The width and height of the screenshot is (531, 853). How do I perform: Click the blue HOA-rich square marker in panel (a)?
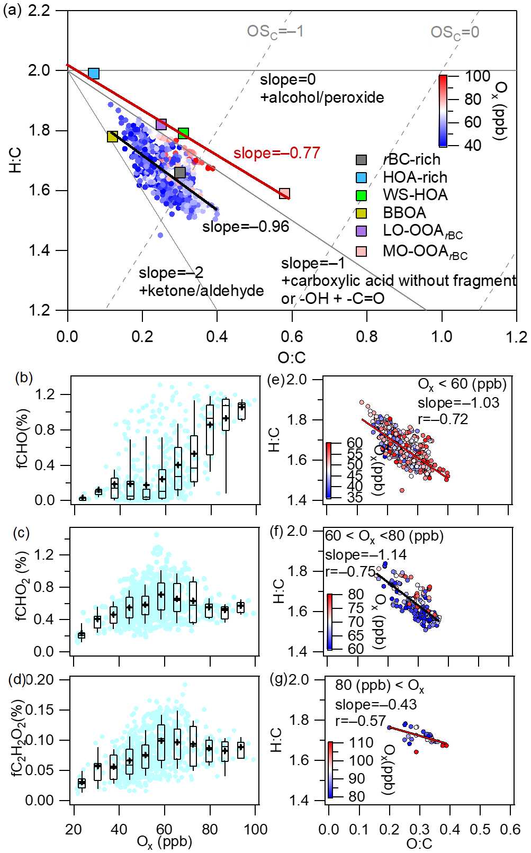tap(94, 74)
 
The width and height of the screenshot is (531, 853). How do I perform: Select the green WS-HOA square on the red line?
tap(183, 133)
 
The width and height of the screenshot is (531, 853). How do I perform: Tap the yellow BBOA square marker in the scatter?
tap(112, 137)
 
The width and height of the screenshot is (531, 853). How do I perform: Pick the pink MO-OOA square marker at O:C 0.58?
tap(284, 193)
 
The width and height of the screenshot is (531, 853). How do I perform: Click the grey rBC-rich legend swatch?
tap(361, 160)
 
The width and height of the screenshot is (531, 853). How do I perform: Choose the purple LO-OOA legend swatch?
tap(361, 231)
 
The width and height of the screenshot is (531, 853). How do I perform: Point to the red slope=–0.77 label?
tap(277, 153)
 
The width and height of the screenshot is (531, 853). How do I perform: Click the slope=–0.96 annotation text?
tap(246, 227)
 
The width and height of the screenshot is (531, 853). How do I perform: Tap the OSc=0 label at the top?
tap(455, 32)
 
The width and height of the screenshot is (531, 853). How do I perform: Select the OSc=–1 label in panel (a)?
tap(275, 32)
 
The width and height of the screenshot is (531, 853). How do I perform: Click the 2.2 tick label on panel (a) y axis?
tap(39, 11)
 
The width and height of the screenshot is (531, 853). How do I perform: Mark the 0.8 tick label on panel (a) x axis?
tap(366, 337)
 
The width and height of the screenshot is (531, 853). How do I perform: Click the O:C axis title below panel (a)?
tap(292, 357)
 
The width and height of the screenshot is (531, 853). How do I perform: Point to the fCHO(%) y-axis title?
tap(22, 439)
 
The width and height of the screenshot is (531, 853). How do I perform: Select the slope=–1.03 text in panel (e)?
tap(458, 403)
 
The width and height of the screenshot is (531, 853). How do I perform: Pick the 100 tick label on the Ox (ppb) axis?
tap(255, 829)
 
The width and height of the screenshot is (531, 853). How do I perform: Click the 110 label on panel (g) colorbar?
tap(361, 742)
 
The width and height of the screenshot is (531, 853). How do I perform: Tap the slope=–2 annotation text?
tap(170, 273)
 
